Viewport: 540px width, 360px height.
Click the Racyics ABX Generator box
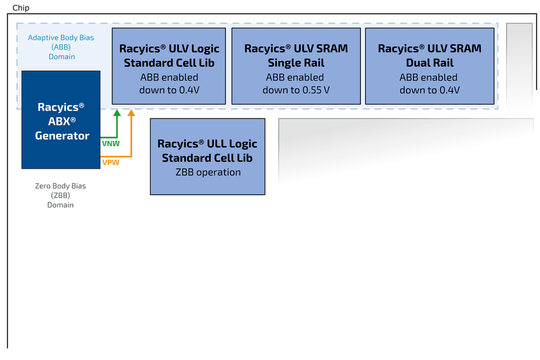(x=61, y=120)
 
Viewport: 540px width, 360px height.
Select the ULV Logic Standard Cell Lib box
(x=169, y=66)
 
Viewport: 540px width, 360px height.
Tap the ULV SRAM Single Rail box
(x=296, y=66)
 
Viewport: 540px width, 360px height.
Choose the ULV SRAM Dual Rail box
(x=430, y=66)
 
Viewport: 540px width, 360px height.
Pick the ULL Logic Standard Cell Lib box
(x=207, y=157)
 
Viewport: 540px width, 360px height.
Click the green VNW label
(x=111, y=144)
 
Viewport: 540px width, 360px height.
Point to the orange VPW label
(x=111, y=162)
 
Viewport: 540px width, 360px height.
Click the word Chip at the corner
(x=21, y=8)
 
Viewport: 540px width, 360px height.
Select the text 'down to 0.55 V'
(x=296, y=90)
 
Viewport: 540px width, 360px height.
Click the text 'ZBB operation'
(x=207, y=172)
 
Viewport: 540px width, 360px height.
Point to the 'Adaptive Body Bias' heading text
(x=61, y=38)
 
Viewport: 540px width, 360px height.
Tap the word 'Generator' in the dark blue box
(x=62, y=135)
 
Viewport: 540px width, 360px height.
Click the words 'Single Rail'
(x=296, y=63)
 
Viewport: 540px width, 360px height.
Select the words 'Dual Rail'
(x=430, y=63)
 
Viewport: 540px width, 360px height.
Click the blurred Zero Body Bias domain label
(x=61, y=195)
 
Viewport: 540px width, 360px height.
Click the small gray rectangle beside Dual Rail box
(x=520, y=66)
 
